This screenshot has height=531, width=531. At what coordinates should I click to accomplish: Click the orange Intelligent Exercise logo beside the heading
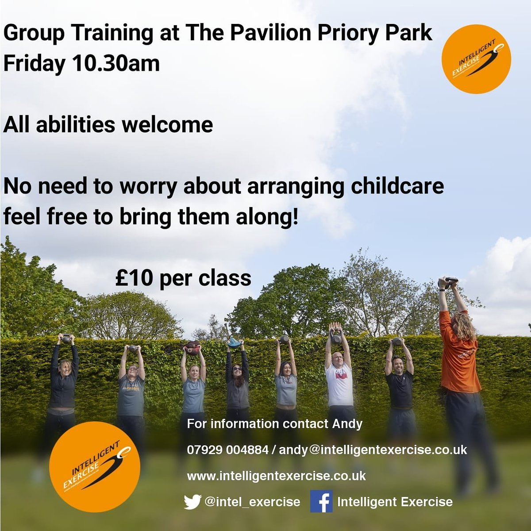point(476,59)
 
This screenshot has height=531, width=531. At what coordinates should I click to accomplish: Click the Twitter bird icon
point(192,502)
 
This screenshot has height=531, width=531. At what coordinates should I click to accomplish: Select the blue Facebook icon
point(321,501)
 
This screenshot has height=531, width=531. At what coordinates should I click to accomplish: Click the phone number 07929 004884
point(227,450)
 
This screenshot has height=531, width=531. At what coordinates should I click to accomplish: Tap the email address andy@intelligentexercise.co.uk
point(373,450)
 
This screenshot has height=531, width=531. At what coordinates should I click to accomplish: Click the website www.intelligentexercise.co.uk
point(276,476)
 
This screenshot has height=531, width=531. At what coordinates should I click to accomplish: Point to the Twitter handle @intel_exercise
point(252,502)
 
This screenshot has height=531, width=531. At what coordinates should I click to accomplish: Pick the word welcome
point(168,125)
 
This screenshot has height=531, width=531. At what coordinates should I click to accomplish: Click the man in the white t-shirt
point(339,381)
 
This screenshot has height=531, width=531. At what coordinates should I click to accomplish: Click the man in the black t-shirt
point(399,385)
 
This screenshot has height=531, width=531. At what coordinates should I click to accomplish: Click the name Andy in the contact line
point(347,423)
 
